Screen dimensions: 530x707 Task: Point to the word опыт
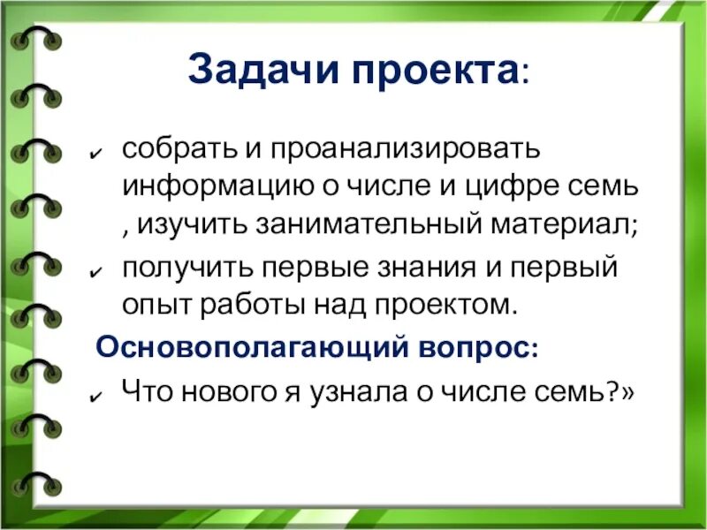[x=151, y=305]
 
